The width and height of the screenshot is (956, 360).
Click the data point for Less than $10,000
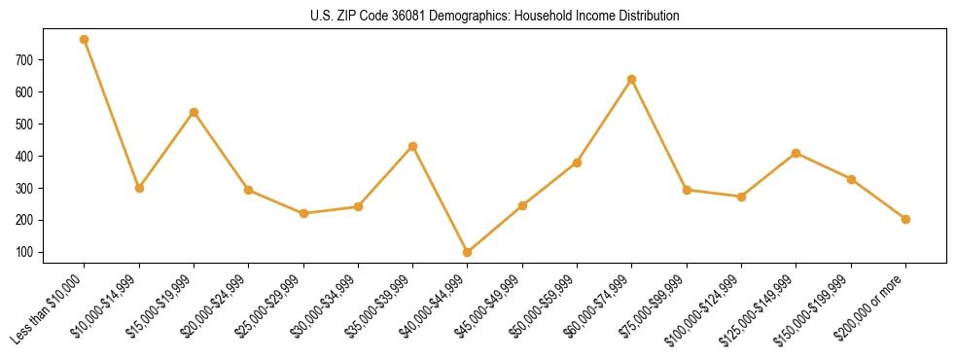point(85,39)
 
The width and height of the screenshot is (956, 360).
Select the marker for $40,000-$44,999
point(468,252)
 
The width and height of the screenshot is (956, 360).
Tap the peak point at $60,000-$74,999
point(632,79)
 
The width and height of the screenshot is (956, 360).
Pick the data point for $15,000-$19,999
point(194,112)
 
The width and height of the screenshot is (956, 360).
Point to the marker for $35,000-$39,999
point(412,146)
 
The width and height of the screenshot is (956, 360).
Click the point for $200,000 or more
point(905,219)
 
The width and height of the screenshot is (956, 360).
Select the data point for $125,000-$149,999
point(797,153)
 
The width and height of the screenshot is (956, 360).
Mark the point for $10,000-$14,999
point(139,188)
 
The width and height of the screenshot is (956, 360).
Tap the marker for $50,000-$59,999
point(577,162)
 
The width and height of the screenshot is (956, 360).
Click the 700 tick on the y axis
point(52,59)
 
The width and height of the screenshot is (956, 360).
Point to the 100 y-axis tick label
point(52,252)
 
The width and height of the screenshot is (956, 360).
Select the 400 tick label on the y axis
point(52,156)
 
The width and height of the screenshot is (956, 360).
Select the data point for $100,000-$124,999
point(741,197)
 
